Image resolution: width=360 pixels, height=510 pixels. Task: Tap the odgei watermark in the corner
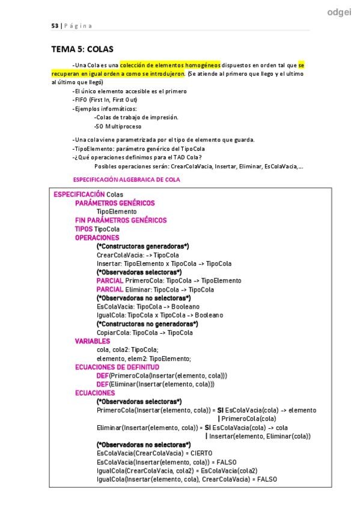[339, 11]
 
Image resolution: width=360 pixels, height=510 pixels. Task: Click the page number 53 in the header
[53, 25]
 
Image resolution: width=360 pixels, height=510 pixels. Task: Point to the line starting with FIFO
[105, 99]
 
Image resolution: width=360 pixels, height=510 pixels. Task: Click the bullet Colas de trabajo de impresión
[136, 117]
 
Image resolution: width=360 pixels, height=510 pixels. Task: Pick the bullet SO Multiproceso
[118, 127]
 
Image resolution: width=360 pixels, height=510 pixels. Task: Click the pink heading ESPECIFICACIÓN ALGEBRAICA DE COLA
[126, 180]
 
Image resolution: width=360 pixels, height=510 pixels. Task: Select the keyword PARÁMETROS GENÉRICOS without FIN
[115, 203]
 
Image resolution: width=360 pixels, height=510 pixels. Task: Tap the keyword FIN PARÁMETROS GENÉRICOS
[121, 220]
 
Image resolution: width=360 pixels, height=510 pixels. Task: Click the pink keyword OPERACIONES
[97, 238]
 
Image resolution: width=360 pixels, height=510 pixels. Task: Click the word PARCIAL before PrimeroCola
[109, 280]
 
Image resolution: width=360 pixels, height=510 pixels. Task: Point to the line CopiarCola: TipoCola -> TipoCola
[144, 332]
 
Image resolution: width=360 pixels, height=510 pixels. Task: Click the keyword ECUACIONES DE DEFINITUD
[117, 366]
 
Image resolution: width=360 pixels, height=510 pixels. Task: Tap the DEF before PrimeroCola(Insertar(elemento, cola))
[102, 375]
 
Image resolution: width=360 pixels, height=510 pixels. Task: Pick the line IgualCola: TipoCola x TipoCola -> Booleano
[159, 315]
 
